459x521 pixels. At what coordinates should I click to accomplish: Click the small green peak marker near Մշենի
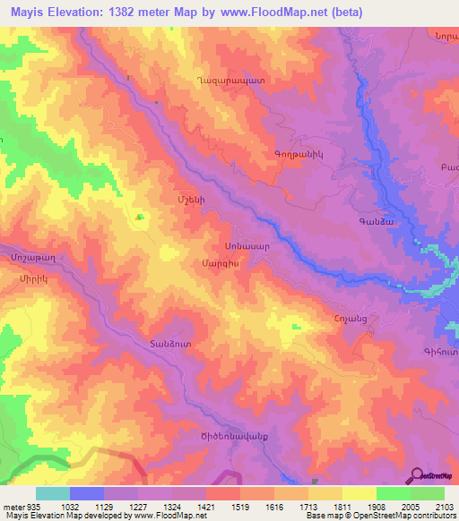coord(138,217)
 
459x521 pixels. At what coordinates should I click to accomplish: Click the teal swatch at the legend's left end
coord(52,493)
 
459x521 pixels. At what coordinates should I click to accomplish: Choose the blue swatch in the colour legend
coord(86,493)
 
